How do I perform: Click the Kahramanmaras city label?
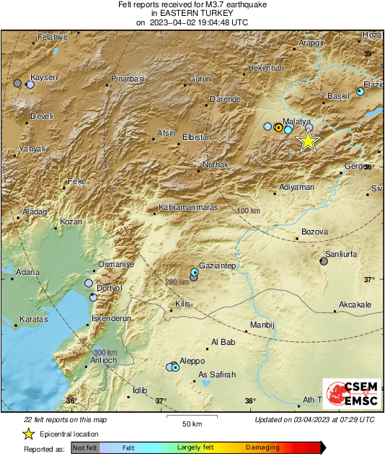click(x=187, y=209)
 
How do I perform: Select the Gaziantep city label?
click(x=218, y=266)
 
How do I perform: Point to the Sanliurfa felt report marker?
click(x=323, y=262)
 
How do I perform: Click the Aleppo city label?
click(x=192, y=361)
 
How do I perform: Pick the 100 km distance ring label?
click(x=248, y=210)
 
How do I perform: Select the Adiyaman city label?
click(x=296, y=187)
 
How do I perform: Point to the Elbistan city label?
click(x=196, y=136)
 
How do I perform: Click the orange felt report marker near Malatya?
click(x=278, y=127)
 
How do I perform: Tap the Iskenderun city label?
click(x=111, y=317)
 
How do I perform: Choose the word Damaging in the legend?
click(x=262, y=448)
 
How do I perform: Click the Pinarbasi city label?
click(x=128, y=79)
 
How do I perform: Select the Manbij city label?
click(x=262, y=325)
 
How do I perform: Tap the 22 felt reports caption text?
click(x=64, y=419)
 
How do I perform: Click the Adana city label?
click(x=28, y=272)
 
